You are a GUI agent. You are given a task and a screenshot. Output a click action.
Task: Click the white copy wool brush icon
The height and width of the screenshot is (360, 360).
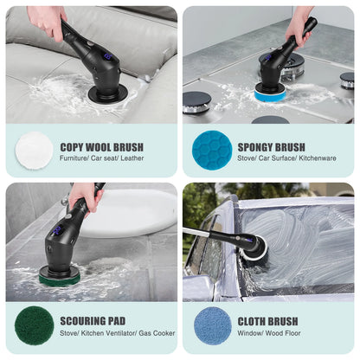click(x=35, y=149)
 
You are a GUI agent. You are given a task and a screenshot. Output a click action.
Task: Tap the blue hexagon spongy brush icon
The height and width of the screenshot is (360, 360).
click(x=210, y=149)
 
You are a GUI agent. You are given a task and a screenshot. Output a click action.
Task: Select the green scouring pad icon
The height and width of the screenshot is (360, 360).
click(x=35, y=325)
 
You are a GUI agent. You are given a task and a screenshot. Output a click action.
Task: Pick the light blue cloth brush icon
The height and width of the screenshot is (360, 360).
click(x=210, y=325)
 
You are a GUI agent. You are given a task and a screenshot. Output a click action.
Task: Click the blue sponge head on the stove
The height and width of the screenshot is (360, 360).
click(x=270, y=93)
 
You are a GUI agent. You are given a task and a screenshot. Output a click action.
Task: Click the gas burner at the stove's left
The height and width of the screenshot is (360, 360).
click(x=197, y=100)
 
